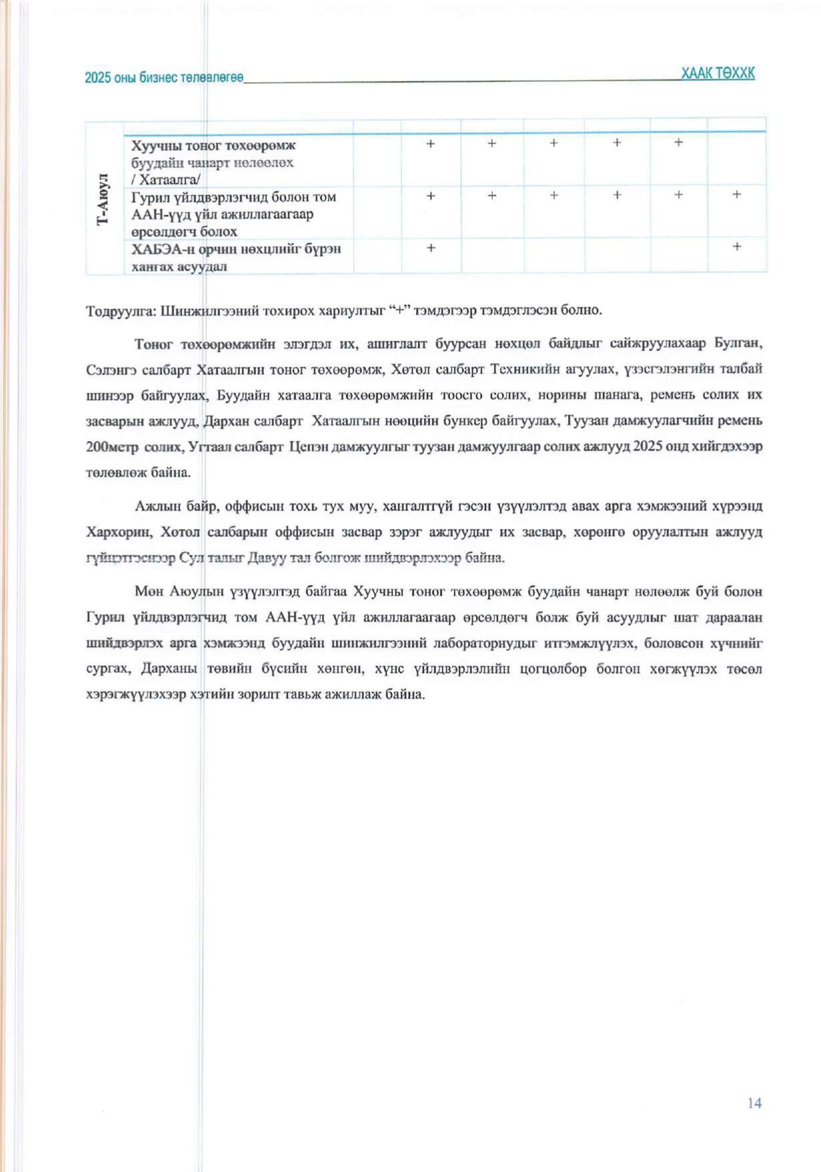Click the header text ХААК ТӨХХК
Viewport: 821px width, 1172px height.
point(718,73)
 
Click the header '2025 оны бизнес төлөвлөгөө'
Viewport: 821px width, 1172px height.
point(164,77)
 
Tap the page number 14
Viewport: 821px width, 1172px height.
point(755,1103)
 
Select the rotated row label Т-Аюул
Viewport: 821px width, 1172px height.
point(103,198)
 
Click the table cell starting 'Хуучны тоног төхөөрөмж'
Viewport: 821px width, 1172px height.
point(213,162)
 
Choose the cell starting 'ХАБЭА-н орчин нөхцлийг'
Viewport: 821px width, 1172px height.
point(236,257)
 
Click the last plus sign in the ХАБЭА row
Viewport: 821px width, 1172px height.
point(736,246)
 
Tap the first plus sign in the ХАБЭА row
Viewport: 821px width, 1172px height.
point(431,248)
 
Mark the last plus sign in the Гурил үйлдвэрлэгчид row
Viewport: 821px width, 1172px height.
point(736,194)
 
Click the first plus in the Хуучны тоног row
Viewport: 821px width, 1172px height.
point(431,143)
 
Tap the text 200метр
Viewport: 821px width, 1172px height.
point(111,446)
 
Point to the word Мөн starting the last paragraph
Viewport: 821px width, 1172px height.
point(149,592)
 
